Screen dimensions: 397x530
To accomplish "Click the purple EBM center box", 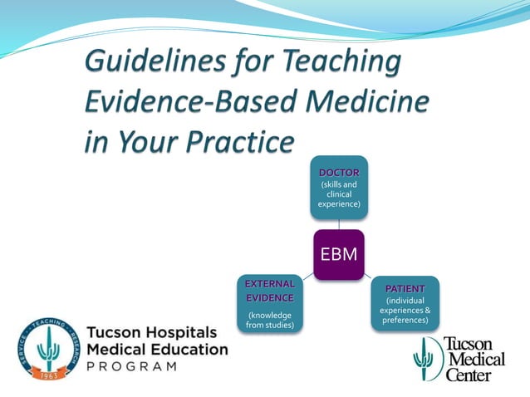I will (x=338, y=254).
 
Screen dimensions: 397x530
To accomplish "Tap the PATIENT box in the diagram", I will (x=405, y=303).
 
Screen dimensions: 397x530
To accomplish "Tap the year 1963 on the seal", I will (x=49, y=374).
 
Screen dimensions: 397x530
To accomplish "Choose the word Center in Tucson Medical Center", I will (x=469, y=375).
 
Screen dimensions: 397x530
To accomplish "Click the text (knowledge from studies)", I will (x=270, y=319).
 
